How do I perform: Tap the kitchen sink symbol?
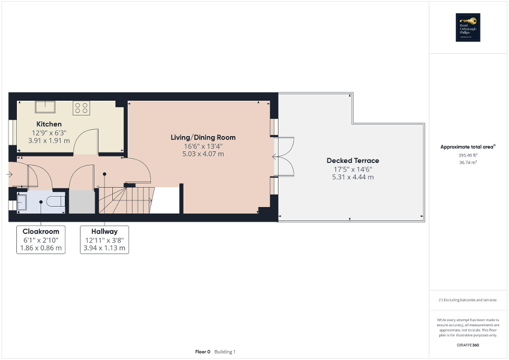tap(44, 106)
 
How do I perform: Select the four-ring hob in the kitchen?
tap(81, 108)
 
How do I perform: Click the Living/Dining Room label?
tap(203, 138)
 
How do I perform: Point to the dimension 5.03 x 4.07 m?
tap(203, 154)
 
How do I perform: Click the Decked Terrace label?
tap(352, 161)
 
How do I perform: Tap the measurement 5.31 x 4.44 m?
tap(352, 177)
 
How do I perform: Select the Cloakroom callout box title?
tap(41, 231)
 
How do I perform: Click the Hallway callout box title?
tap(104, 231)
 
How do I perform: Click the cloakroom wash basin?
tap(22, 201)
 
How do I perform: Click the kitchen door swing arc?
tap(84, 141)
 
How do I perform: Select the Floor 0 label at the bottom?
tap(203, 352)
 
